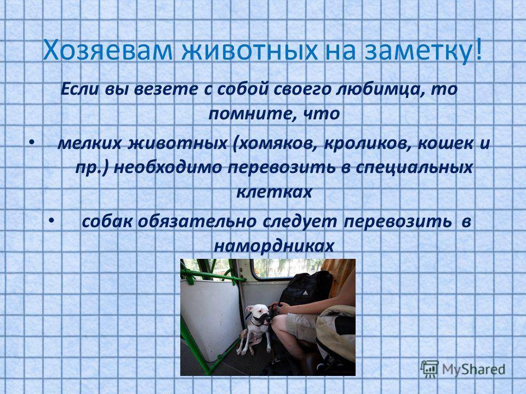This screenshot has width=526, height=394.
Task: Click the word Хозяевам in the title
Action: pos(108,51)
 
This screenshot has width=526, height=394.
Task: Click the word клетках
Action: pos(275,192)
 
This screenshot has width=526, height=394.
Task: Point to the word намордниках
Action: pos(274,246)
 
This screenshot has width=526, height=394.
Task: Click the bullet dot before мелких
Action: pos(31,143)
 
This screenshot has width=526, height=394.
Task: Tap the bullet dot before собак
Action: pos(51,221)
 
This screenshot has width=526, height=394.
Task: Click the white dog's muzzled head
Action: pos(258,315)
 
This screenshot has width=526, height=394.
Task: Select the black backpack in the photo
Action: pos(305,288)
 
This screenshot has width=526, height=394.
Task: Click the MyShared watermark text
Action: pos(473,369)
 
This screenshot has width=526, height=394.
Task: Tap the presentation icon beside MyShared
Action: pos(430,369)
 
